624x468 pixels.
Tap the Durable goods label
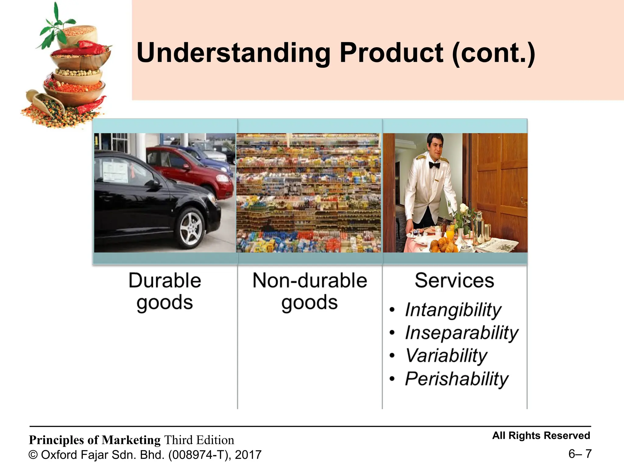click(x=165, y=291)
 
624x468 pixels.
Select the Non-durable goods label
click(x=310, y=291)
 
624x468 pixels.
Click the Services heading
click(x=454, y=280)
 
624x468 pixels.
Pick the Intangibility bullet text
click(x=453, y=310)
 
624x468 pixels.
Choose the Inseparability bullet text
click(x=462, y=333)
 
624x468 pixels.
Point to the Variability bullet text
click(x=446, y=356)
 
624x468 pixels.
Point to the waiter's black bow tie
click(x=434, y=165)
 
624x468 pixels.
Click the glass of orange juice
click(x=450, y=235)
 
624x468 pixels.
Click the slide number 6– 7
click(x=580, y=454)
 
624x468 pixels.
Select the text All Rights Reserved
click(x=541, y=435)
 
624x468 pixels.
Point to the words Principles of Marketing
click(x=94, y=440)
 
